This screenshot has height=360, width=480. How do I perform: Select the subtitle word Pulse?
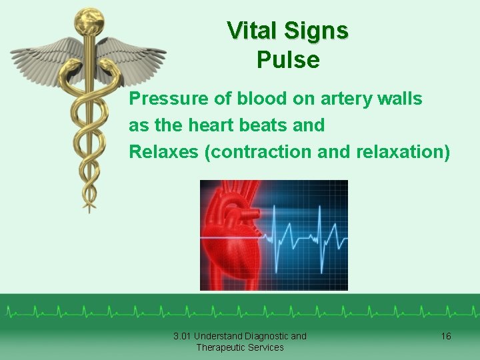click(288, 61)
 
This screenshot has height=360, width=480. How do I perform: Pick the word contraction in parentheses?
click(251, 152)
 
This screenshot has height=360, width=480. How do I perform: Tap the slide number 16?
click(446, 336)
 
